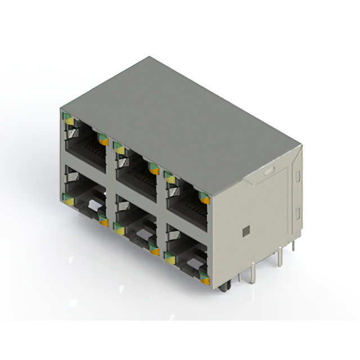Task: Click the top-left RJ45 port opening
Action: [x=85, y=146]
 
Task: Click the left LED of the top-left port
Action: [x=68, y=119]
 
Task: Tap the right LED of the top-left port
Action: [x=103, y=138]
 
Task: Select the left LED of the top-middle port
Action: [x=119, y=148]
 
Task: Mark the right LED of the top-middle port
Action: [x=153, y=168]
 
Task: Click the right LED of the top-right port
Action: [x=205, y=197]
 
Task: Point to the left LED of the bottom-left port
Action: [x=68, y=197]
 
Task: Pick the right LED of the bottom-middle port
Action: [x=154, y=250]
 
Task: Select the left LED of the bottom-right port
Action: [x=169, y=258]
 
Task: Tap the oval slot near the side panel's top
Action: [x=269, y=168]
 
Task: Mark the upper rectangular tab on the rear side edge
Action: [x=297, y=178]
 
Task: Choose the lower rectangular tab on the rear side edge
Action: [x=298, y=213]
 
